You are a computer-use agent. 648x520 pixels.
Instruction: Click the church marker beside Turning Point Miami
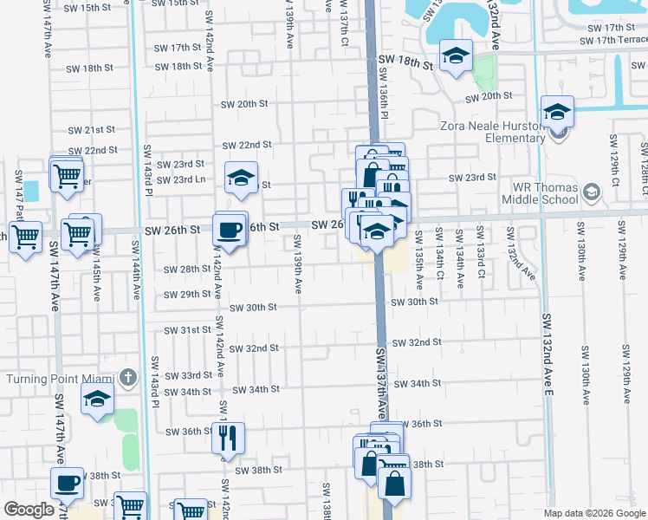tap(128, 377)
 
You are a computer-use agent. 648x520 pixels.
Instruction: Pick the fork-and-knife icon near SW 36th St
tap(229, 438)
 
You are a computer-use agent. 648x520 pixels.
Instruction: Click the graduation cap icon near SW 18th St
tap(455, 57)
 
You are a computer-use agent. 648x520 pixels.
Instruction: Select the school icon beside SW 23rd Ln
tap(241, 179)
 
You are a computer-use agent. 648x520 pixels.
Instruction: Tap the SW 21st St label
tap(92, 130)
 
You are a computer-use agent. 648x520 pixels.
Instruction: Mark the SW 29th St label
tap(189, 294)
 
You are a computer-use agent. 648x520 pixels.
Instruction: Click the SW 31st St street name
tap(189, 330)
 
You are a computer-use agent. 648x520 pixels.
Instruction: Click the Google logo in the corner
tap(29, 510)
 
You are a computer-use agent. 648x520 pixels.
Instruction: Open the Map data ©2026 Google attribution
tap(594, 513)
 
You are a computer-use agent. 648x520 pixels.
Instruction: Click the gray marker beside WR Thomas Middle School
tap(592, 192)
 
